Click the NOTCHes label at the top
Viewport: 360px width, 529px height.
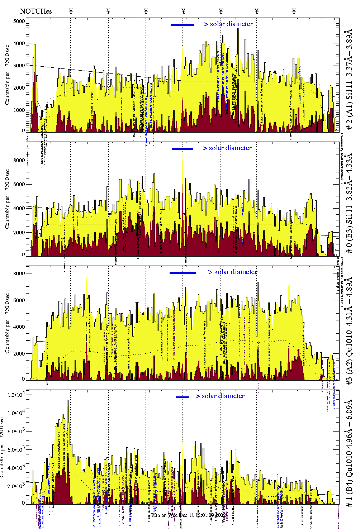36,11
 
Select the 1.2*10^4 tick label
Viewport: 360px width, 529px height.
17,395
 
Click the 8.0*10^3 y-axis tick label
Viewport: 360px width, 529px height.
17,432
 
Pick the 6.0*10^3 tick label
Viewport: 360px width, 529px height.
17,450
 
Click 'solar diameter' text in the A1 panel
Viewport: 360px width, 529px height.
231,24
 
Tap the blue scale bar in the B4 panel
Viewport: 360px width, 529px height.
183,397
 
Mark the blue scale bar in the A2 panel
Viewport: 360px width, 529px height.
183,273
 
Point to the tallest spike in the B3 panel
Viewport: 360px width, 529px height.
183,153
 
